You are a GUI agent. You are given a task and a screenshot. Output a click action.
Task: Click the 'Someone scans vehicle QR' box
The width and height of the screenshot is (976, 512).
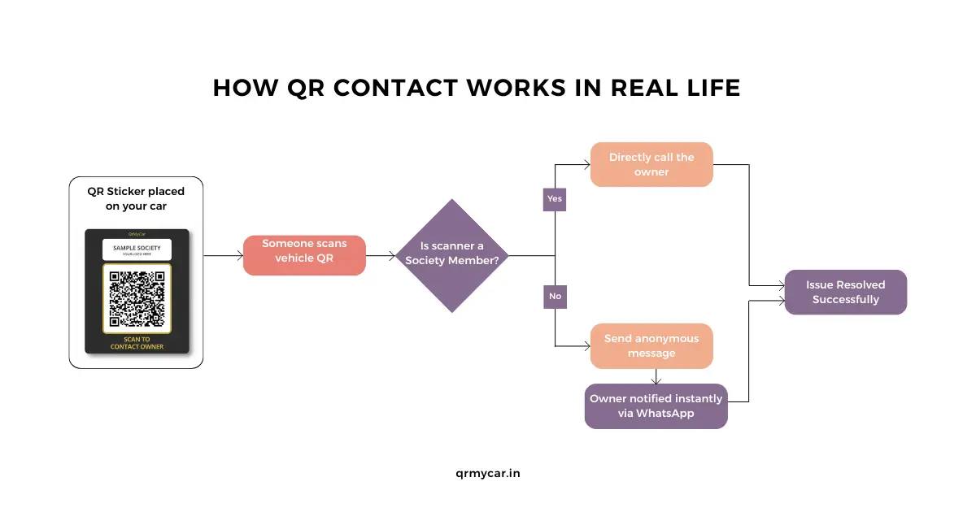point(304,255)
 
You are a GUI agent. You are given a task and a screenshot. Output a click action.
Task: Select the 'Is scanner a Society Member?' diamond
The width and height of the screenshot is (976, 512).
point(452,255)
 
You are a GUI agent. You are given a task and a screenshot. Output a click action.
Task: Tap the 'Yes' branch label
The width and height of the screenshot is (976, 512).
point(555,198)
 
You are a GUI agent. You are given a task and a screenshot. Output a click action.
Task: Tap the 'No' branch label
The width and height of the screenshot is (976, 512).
point(555,296)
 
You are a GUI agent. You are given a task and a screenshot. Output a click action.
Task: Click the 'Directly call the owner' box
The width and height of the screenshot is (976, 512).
point(651,164)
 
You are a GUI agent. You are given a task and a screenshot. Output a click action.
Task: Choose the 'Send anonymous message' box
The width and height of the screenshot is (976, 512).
point(651,346)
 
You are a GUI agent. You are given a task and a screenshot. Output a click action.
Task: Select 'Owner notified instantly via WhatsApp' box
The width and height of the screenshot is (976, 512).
point(656,406)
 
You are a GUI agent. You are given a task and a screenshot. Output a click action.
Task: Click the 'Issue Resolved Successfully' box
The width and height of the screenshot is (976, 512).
point(845,292)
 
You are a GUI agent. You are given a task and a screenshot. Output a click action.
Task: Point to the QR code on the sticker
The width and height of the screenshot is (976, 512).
point(137,298)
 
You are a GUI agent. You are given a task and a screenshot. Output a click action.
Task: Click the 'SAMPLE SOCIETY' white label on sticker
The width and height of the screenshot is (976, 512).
point(137,248)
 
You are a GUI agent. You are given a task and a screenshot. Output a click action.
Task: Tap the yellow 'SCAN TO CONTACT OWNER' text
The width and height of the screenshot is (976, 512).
point(137,343)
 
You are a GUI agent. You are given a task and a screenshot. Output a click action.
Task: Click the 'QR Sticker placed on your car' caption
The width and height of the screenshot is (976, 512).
point(136,198)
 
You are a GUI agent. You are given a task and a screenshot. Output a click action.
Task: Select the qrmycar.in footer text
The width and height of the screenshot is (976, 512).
point(488,473)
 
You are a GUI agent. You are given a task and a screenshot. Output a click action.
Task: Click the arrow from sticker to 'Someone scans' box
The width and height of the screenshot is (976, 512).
point(223,255)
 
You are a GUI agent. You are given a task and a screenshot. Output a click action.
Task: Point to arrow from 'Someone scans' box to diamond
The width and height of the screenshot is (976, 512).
point(381,255)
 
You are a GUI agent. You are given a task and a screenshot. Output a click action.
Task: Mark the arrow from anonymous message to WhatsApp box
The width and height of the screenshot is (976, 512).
point(656,377)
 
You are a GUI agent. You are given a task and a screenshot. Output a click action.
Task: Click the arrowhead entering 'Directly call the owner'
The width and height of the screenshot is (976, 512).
point(586,164)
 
